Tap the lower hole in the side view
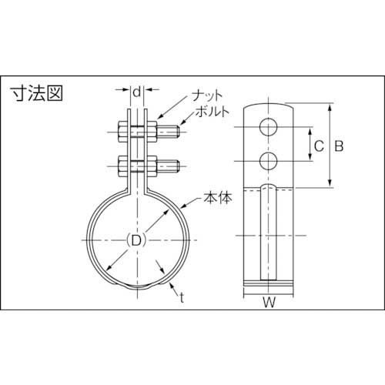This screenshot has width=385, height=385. point(269,160)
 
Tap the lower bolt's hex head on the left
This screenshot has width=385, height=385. point(124,165)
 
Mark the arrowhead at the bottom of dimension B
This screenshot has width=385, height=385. point(330,185)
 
